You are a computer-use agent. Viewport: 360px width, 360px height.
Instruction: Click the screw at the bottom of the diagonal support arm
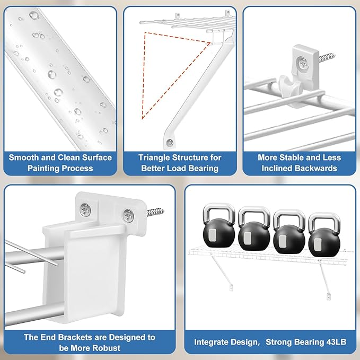click(x=170, y=143)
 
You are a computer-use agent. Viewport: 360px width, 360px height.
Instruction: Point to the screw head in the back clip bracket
click(x=303, y=63)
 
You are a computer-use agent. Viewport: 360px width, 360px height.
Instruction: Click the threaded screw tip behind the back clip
click(x=327, y=57)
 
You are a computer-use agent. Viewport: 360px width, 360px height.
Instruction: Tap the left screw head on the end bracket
click(x=85, y=209)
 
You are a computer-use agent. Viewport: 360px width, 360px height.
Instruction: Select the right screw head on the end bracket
click(x=128, y=215)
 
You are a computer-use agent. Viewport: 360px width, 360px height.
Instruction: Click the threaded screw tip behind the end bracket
click(x=155, y=212)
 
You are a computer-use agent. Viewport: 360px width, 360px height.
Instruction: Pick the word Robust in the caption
click(x=107, y=348)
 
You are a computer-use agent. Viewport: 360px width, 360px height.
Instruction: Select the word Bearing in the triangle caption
click(x=203, y=169)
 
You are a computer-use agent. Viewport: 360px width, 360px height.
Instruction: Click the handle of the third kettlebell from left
click(x=289, y=216)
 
